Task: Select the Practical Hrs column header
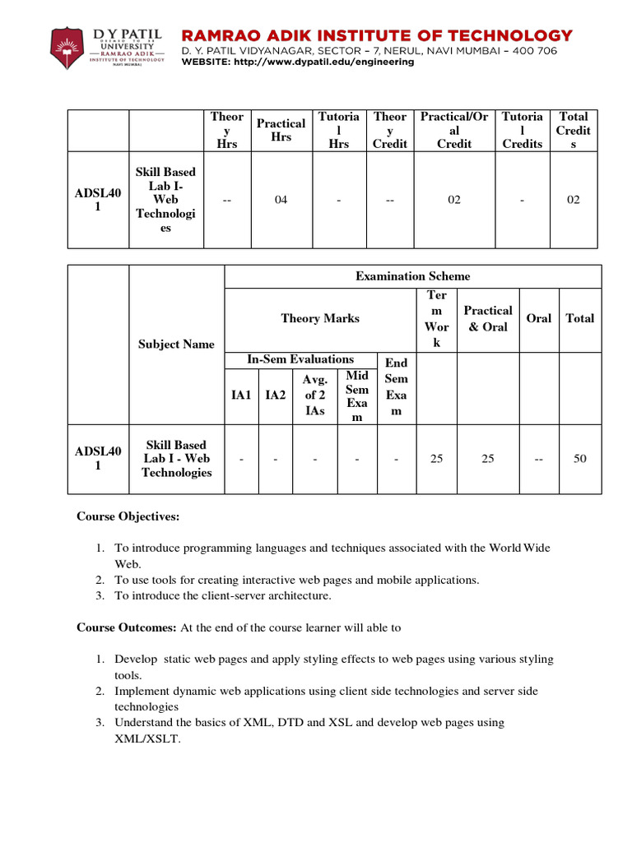[281, 130]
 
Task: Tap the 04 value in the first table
[281, 200]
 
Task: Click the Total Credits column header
[573, 130]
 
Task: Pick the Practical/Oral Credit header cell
[454, 130]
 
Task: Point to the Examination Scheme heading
[412, 276]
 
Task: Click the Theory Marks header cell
[320, 318]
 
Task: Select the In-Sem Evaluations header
[300, 359]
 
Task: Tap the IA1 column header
[241, 396]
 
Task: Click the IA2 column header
[276, 396]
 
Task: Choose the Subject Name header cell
[176, 344]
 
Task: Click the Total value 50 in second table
[579, 459]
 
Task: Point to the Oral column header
[538, 318]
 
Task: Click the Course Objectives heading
[128, 517]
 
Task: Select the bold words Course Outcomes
[126, 627]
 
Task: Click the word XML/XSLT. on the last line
[146, 738]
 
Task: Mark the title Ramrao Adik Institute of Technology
[376, 35]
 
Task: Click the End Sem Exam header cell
[396, 386]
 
